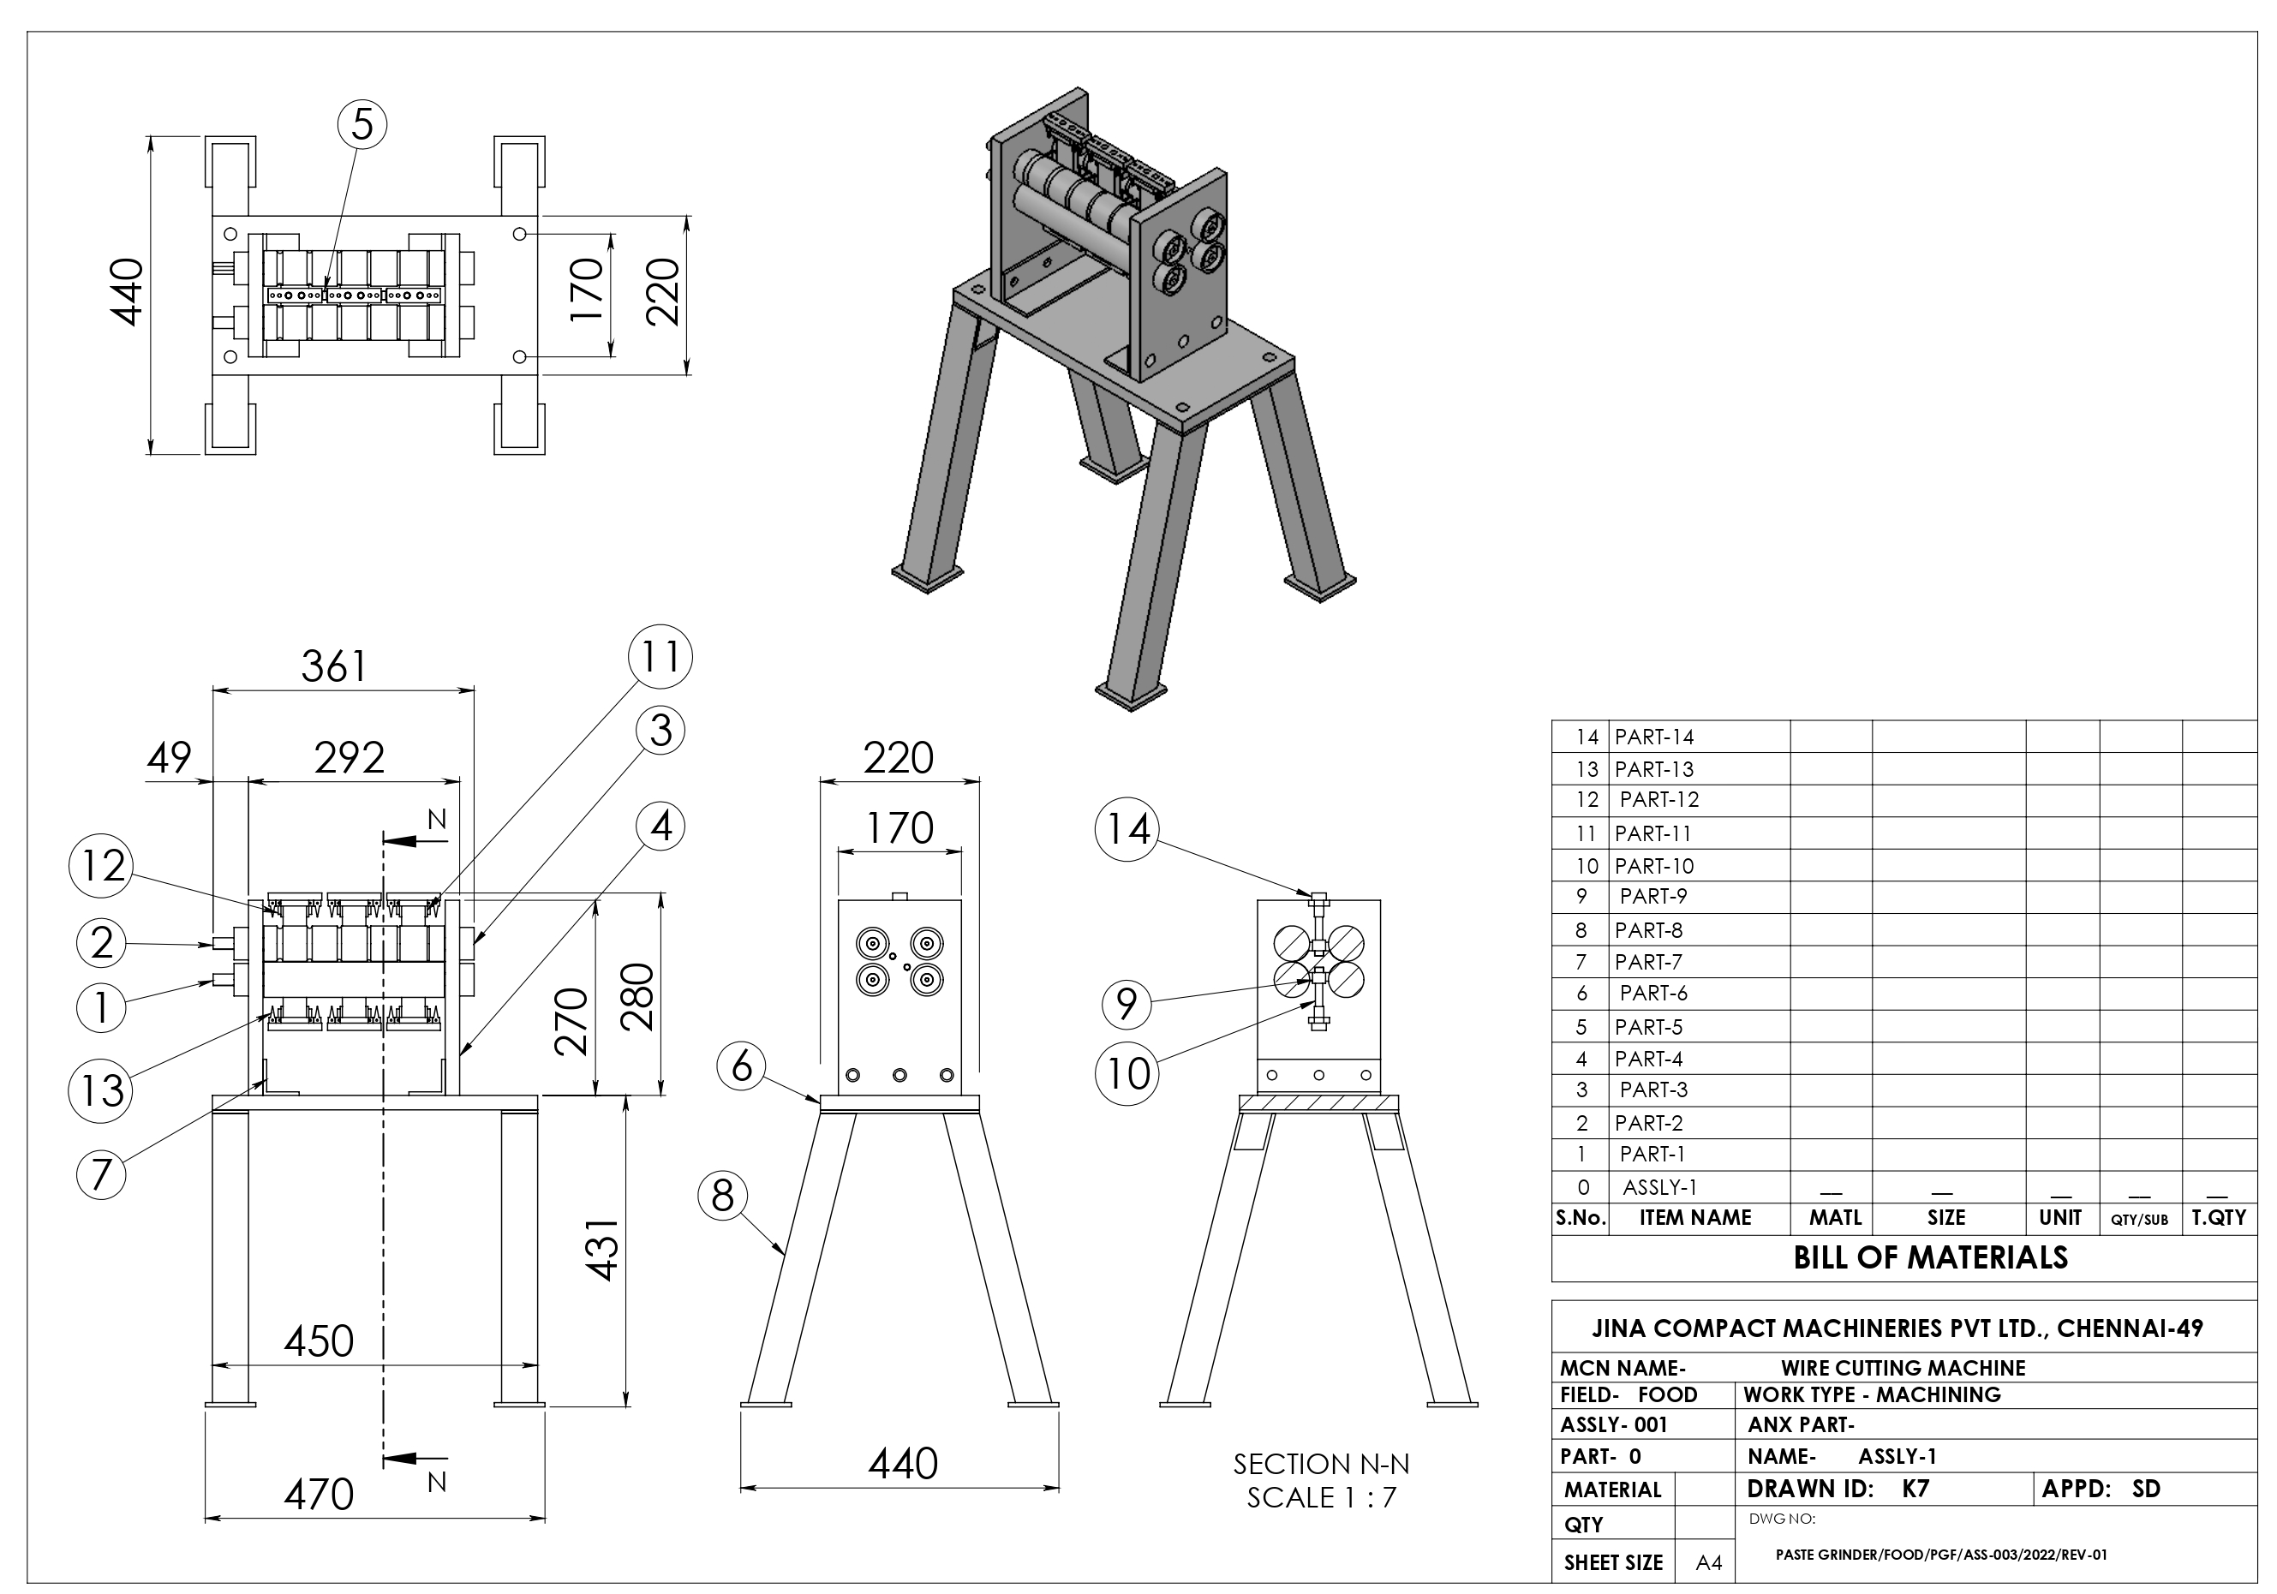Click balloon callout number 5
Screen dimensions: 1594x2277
(x=362, y=126)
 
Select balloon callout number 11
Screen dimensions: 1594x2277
(x=660, y=656)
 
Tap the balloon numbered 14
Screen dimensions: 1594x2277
(x=1127, y=829)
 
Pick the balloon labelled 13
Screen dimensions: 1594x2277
(x=101, y=1090)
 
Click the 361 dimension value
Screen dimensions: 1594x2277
(x=334, y=667)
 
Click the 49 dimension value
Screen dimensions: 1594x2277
(x=170, y=758)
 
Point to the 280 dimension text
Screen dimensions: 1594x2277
(x=640, y=996)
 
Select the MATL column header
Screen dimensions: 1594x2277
(x=1835, y=1217)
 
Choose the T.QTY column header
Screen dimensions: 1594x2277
(x=2220, y=1217)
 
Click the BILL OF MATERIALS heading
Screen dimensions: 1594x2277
(x=1930, y=1258)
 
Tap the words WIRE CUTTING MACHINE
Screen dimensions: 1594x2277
(x=1902, y=1368)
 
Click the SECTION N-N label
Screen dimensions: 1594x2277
(x=1321, y=1464)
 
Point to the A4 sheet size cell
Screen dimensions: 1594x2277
(x=1709, y=1563)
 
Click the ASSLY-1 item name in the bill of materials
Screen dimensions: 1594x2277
(x=1659, y=1186)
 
